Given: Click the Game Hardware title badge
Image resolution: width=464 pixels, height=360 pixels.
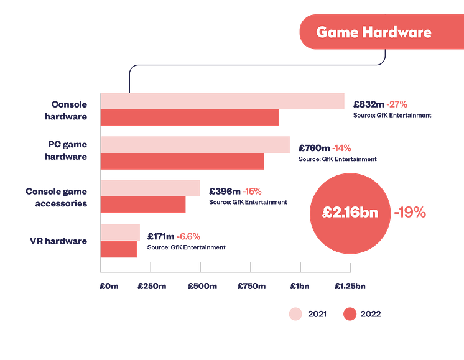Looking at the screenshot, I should (373, 32).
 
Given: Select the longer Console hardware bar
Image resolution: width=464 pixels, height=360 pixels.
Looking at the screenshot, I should (223, 101).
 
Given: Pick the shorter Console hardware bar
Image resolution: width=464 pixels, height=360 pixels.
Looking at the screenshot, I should (191, 119).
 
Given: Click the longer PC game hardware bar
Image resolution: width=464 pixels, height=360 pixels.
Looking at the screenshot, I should (196, 144).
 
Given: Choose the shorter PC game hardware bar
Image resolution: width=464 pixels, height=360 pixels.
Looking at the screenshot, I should (183, 162).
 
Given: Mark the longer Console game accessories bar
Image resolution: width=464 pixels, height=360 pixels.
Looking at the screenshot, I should (151, 188).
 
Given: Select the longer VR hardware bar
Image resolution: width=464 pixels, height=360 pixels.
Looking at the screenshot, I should (121, 233).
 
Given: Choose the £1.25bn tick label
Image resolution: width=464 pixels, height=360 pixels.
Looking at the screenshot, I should (350, 287).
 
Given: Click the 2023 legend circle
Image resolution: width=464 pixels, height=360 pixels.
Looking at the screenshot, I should (295, 314).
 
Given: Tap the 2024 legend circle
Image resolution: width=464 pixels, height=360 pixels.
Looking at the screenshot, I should (350, 314).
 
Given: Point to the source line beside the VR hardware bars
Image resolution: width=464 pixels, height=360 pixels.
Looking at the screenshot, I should (186, 247).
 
